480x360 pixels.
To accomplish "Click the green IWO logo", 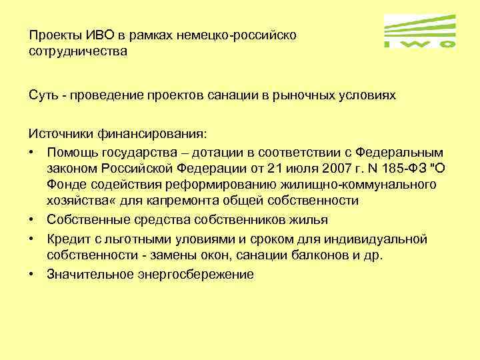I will click(x=421, y=31).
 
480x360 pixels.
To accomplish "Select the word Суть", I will click(x=43, y=95).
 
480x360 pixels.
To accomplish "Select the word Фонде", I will click(x=65, y=183).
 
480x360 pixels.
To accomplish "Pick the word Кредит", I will click(x=67, y=238).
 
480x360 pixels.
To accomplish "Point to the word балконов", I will click(x=340, y=255).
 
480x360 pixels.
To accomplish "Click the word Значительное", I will click(x=90, y=274).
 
